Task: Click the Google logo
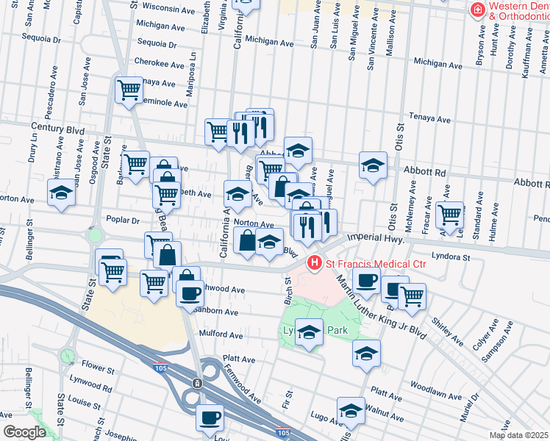pos(24,432)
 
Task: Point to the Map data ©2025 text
pos(518,435)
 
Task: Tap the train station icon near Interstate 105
pos(197,384)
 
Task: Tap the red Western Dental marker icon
pos(477,10)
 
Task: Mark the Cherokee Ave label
pos(155,62)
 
